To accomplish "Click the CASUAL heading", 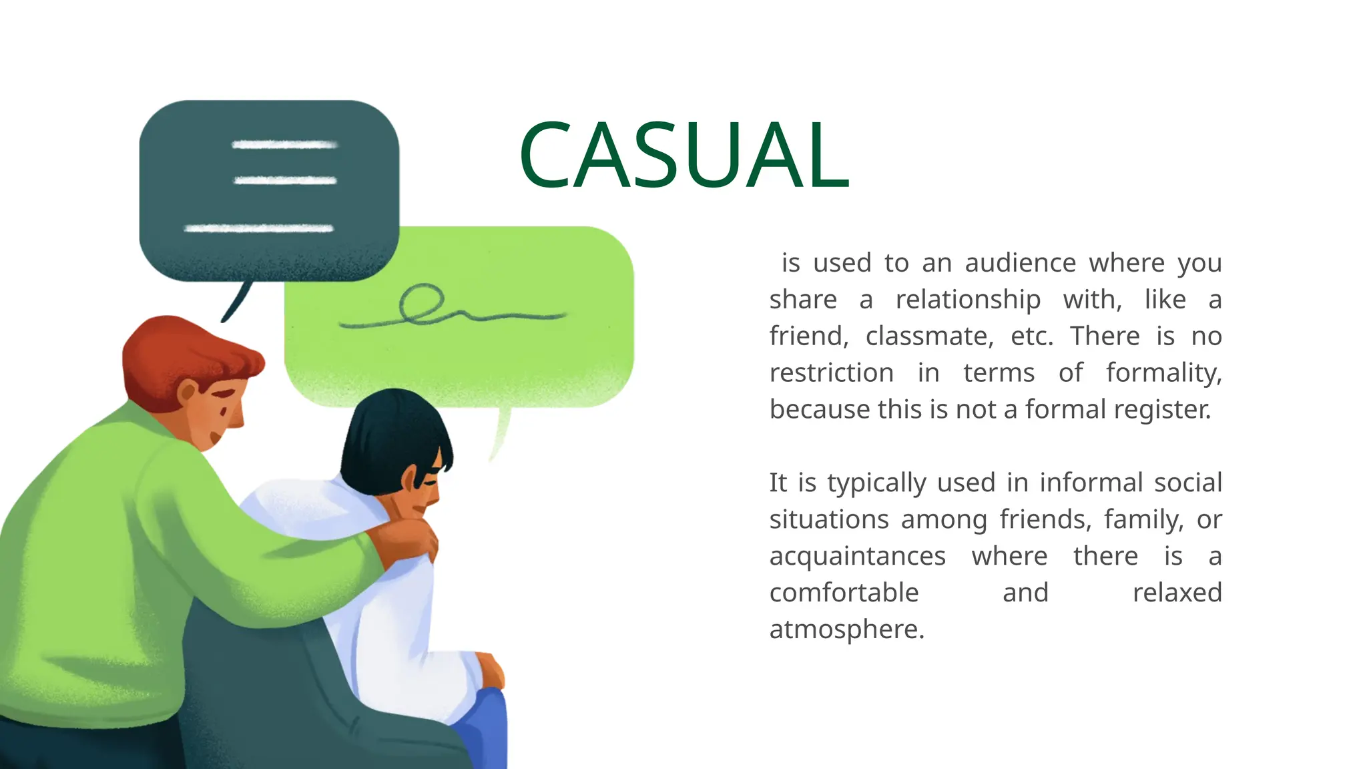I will (683, 155).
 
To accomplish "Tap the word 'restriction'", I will (831, 372).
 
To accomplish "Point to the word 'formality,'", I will (1163, 372).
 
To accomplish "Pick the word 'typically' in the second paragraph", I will (877, 483).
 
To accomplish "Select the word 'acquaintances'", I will (857, 556).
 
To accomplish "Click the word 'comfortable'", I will (844, 593).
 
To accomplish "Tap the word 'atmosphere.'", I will (846, 629).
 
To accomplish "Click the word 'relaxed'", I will (1177, 593).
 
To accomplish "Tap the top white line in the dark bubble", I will (284, 145).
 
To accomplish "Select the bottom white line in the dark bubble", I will (259, 229).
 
